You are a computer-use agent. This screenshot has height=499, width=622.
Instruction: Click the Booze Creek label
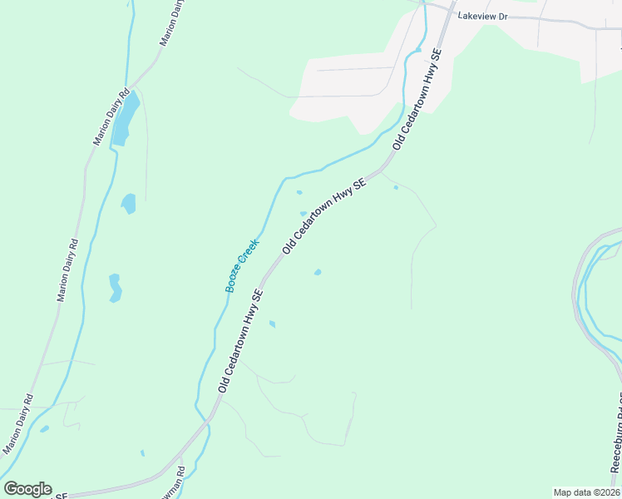pos(242,266)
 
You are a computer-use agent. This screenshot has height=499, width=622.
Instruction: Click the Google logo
pos(27,489)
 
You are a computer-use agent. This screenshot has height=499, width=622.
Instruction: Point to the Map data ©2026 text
pos(586,492)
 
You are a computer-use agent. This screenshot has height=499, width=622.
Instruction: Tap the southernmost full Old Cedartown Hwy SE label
pos(240,341)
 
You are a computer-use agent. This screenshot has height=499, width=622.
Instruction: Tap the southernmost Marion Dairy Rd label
pos(18,424)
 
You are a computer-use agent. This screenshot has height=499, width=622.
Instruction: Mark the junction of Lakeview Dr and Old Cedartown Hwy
pos(452,12)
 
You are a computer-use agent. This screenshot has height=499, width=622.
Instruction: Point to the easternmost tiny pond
pos(396,188)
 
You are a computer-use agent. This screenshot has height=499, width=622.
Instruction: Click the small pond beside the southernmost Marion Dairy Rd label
pos(44,429)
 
